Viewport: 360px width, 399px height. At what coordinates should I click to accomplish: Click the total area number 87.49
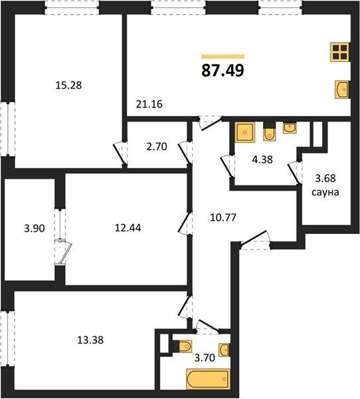pos(223,70)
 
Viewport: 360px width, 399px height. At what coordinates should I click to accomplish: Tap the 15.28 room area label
pos(68,85)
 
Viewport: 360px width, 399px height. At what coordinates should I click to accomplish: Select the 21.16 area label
pos(149,104)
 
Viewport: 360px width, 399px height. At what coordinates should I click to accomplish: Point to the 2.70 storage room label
pos(157,146)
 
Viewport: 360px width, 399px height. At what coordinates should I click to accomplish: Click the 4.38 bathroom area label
pos(262,160)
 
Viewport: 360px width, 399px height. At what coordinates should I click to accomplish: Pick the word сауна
pos(325,192)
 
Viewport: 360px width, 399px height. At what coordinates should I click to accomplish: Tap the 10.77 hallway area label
pos(223,217)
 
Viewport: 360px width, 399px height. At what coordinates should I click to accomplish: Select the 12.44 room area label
pos(128,227)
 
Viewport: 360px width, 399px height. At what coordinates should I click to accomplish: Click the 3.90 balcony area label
pos(35,228)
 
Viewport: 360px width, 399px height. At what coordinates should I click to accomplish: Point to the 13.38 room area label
pos(90,340)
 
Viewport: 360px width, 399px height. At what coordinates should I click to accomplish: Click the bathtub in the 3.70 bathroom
pos(208,379)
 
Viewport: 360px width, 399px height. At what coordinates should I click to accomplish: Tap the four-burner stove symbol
pos(339,52)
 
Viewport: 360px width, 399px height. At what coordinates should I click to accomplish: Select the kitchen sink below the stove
pos(341,89)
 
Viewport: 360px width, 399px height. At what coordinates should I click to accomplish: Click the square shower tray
pos(244,132)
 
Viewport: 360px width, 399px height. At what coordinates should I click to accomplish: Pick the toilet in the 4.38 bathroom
pos(269,132)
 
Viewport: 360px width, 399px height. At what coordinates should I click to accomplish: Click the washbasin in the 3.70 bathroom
pos(225,350)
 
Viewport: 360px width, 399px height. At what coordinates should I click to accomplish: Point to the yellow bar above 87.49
pos(223,57)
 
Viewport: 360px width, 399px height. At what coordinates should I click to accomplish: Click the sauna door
pos(294,173)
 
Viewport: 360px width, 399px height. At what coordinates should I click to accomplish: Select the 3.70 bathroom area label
pos(205,358)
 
